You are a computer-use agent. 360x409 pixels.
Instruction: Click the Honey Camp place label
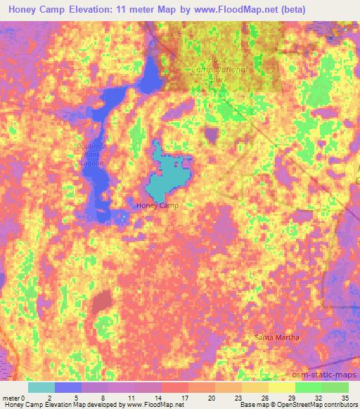[x=157, y=205]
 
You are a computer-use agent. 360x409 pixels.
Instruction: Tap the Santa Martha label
[x=277, y=337]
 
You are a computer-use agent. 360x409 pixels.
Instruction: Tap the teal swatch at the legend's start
[x=41, y=387]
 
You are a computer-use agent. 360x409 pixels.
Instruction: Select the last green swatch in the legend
[x=335, y=387]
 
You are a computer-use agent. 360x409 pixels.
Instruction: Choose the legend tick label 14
[x=160, y=398]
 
